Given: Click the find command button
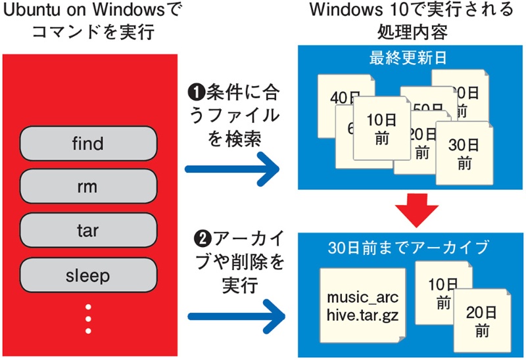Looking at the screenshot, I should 89,143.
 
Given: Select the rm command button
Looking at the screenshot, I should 89,187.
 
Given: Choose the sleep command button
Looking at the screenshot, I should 89,275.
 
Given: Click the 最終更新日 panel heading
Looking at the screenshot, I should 408,58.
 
